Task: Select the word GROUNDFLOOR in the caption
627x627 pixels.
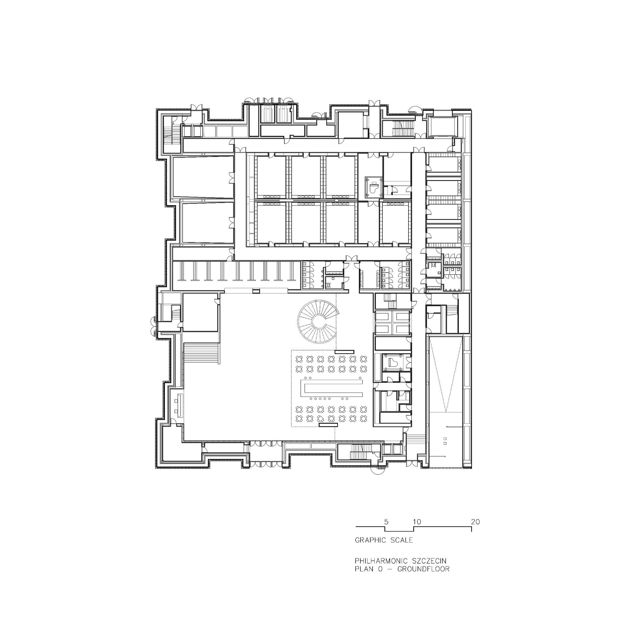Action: (423, 569)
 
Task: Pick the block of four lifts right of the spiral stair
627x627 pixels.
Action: (392, 322)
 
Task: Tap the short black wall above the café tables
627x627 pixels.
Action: (344, 352)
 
